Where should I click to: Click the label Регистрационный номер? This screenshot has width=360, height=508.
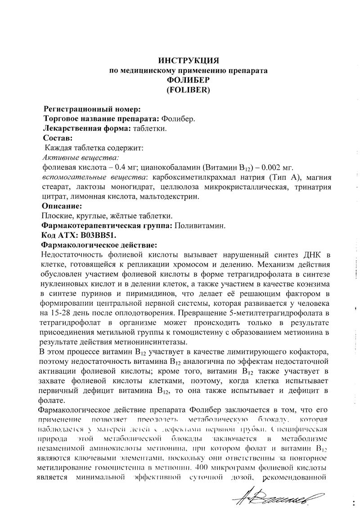[91, 109]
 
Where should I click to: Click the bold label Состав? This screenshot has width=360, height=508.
[58, 138]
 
